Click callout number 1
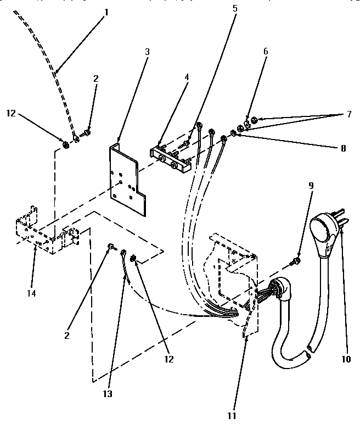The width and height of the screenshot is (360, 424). click(106, 11)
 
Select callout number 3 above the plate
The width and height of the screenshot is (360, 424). click(147, 52)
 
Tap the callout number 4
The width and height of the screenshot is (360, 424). click(187, 77)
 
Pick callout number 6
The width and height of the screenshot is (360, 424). click(266, 51)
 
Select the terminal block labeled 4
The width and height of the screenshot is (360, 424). click(171, 159)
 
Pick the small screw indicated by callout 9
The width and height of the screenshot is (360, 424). click(297, 260)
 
